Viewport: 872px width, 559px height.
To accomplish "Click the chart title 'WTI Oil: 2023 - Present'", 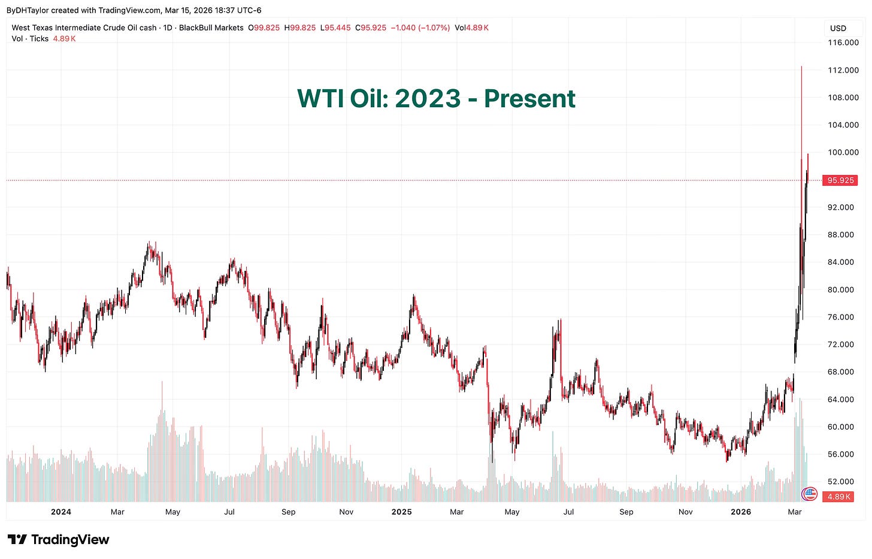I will tap(436, 99).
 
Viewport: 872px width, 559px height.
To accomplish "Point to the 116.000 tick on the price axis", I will tap(843, 43).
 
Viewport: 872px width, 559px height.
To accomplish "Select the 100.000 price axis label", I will tap(843, 152).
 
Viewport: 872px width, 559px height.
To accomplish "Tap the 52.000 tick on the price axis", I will tap(843, 482).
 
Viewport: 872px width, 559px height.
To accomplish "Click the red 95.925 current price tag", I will tap(840, 180).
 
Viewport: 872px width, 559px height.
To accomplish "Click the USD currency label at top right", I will tap(838, 28).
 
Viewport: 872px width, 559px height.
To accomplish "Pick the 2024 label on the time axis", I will tap(60, 512).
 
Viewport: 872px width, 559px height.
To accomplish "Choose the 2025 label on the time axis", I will tap(401, 512).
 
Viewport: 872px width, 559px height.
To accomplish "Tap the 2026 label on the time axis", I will tap(741, 512).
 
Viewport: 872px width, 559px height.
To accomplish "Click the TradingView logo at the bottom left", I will tap(58, 540).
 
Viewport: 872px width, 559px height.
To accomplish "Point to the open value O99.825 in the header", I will tap(264, 28).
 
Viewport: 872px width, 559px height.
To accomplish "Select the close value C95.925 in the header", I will tap(371, 28).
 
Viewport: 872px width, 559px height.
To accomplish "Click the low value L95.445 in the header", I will tap(335, 28).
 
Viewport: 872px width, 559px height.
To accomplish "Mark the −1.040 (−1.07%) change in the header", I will tap(420, 28).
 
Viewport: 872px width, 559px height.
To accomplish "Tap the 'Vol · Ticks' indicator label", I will tap(30, 39).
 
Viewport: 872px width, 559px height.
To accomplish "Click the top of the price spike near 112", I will tap(801, 67).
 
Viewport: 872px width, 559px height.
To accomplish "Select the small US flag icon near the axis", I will tap(809, 494).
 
